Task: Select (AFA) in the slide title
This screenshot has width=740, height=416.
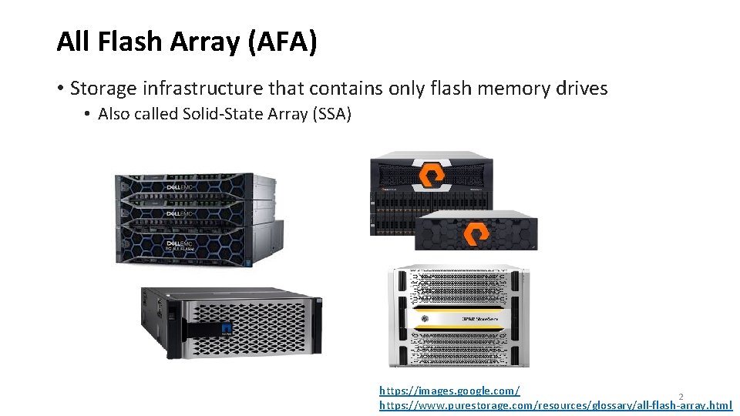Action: [282, 42]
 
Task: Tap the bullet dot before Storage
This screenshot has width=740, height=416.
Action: [60, 89]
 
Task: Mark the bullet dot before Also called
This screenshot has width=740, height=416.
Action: [89, 115]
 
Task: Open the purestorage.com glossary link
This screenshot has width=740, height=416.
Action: [555, 405]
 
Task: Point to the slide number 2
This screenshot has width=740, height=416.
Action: [681, 397]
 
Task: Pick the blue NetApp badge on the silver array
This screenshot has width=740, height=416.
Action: [226, 328]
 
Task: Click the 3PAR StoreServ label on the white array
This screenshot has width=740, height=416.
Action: [460, 317]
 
